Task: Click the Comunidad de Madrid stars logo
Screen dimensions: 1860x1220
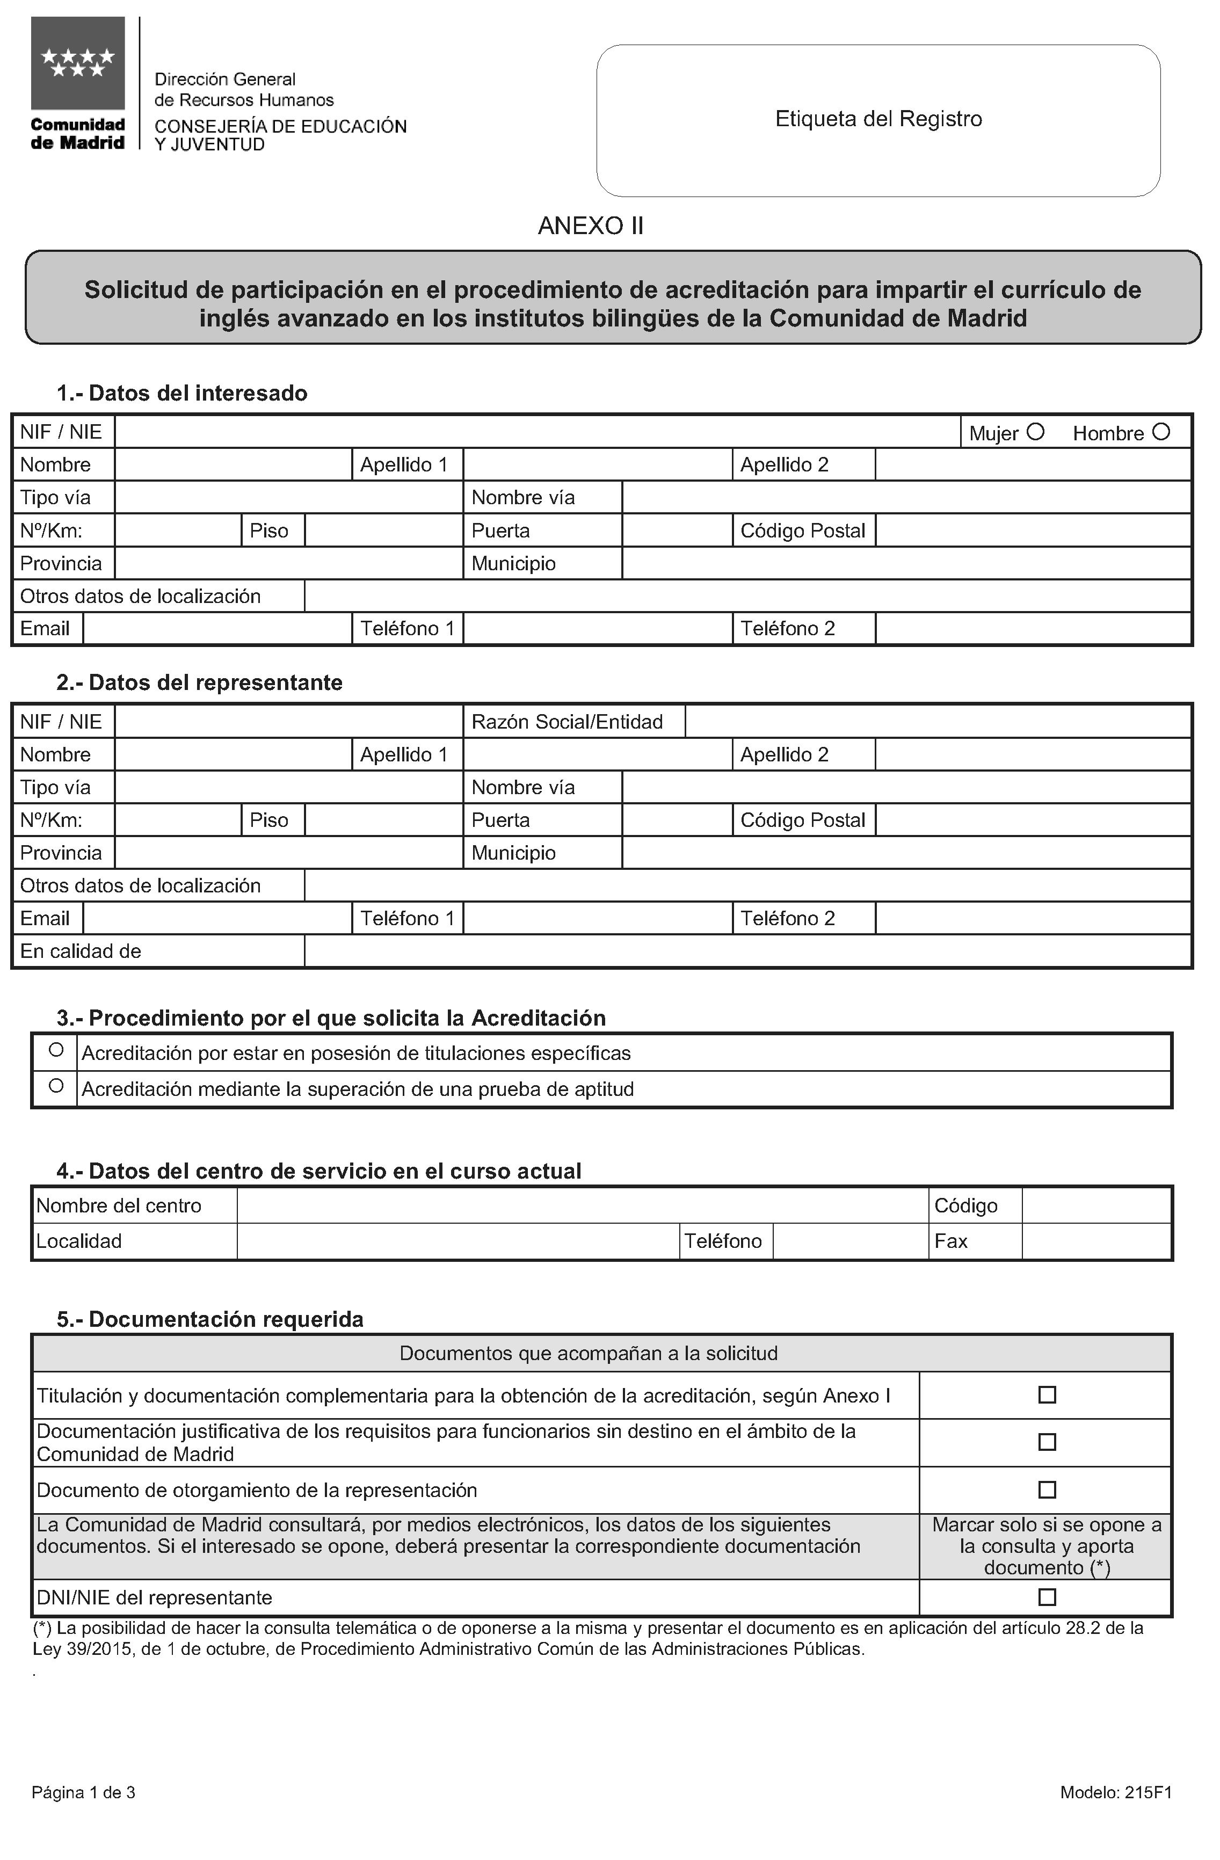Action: point(77,63)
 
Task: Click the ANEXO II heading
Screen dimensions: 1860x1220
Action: point(590,226)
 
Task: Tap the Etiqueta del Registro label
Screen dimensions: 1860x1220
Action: point(878,119)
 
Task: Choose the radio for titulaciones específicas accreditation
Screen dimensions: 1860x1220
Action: point(55,1050)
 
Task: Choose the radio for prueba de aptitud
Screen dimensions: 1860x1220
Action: point(55,1086)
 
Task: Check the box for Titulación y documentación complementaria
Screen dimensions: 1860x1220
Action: point(1047,1395)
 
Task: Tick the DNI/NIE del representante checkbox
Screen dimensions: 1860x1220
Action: point(1047,1597)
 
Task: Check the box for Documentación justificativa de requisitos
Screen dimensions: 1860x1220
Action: point(1047,1442)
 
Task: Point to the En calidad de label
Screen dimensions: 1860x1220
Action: point(81,951)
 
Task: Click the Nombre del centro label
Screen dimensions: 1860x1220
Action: point(119,1206)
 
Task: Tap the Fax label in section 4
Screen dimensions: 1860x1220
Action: point(951,1241)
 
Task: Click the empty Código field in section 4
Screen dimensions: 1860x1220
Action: point(1096,1206)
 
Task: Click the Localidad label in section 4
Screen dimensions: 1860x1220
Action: point(79,1241)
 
